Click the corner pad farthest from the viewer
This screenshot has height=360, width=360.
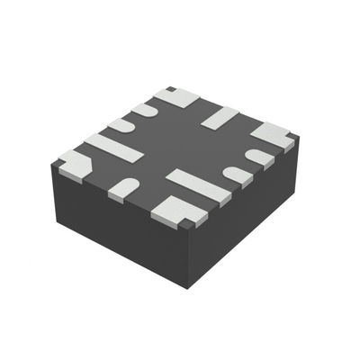pos(174,95)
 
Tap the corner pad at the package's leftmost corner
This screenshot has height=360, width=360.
pos(73,164)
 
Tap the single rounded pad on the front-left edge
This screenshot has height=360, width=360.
pos(124,188)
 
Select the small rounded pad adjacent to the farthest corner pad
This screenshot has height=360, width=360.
pos(146,109)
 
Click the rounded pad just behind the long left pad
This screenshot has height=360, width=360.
pos(123,127)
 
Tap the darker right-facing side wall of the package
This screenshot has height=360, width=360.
pos(243,216)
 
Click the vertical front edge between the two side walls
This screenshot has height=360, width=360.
pos(188,256)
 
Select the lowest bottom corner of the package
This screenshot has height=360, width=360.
pos(188,288)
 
